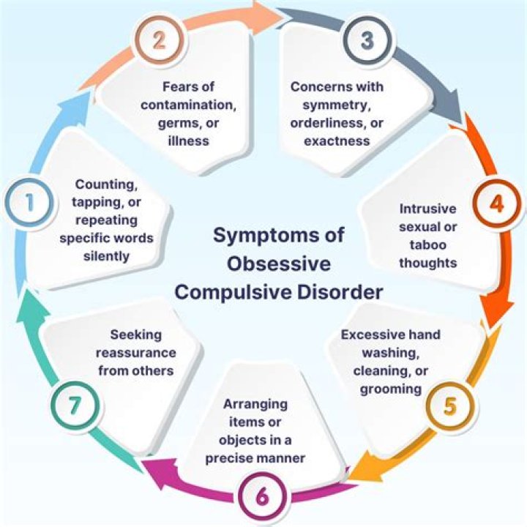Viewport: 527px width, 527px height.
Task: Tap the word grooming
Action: (390, 388)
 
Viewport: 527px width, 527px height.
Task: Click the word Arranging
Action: (255, 405)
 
